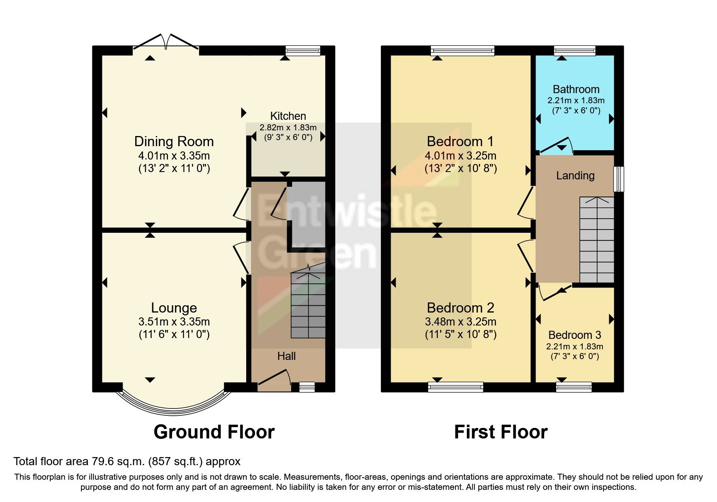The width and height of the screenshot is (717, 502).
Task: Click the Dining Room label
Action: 174,142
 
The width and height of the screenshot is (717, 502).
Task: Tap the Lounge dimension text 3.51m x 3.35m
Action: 174,322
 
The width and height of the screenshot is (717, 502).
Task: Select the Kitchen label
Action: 288,116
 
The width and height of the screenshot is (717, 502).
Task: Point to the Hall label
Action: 286,356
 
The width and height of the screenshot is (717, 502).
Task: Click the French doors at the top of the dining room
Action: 166,43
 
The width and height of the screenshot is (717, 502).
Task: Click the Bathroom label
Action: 576,89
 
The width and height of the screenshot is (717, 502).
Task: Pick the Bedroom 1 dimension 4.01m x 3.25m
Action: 460,156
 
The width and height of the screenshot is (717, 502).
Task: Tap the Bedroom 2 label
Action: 460,308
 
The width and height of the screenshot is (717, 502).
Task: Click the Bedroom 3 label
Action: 574,335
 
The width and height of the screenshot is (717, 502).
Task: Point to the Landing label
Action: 575,176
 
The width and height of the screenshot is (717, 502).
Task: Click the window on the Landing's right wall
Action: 619,179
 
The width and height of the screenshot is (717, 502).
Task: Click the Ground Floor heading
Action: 214,432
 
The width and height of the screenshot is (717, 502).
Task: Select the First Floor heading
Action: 501,432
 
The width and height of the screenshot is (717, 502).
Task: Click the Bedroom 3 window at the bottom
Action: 574,387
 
